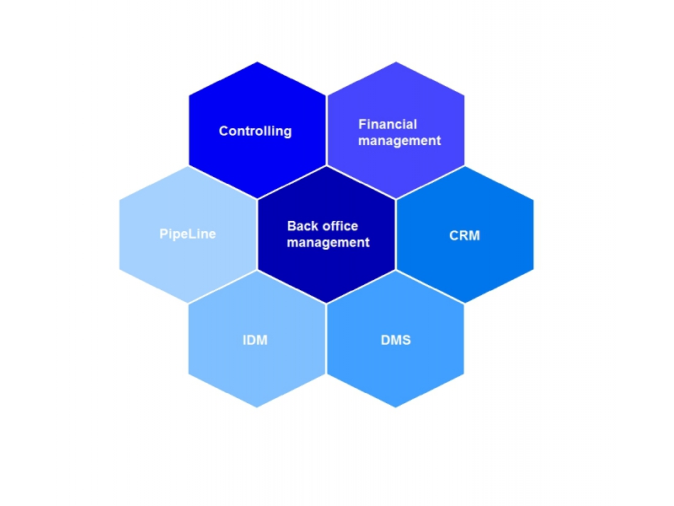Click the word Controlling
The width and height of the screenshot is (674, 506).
point(254,131)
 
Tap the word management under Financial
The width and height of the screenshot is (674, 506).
point(399,141)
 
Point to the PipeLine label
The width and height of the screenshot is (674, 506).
point(187,234)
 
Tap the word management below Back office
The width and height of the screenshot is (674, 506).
point(328,243)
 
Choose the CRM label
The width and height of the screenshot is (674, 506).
point(464,235)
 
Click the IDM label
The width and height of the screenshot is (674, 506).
point(254,340)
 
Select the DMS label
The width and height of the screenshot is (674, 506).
point(395,340)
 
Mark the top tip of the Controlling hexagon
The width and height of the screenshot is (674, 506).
point(257,62)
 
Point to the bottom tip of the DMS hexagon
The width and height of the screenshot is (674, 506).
point(395,407)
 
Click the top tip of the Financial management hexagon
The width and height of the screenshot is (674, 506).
point(395,62)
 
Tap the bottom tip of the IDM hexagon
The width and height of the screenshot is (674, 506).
point(257,407)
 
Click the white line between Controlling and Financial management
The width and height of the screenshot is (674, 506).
point(326,131)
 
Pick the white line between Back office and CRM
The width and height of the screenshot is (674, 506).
point(395,234)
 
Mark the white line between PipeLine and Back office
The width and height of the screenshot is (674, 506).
point(257,234)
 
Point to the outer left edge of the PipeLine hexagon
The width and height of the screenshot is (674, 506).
point(120,234)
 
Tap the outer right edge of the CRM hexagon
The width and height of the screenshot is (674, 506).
point(533,234)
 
